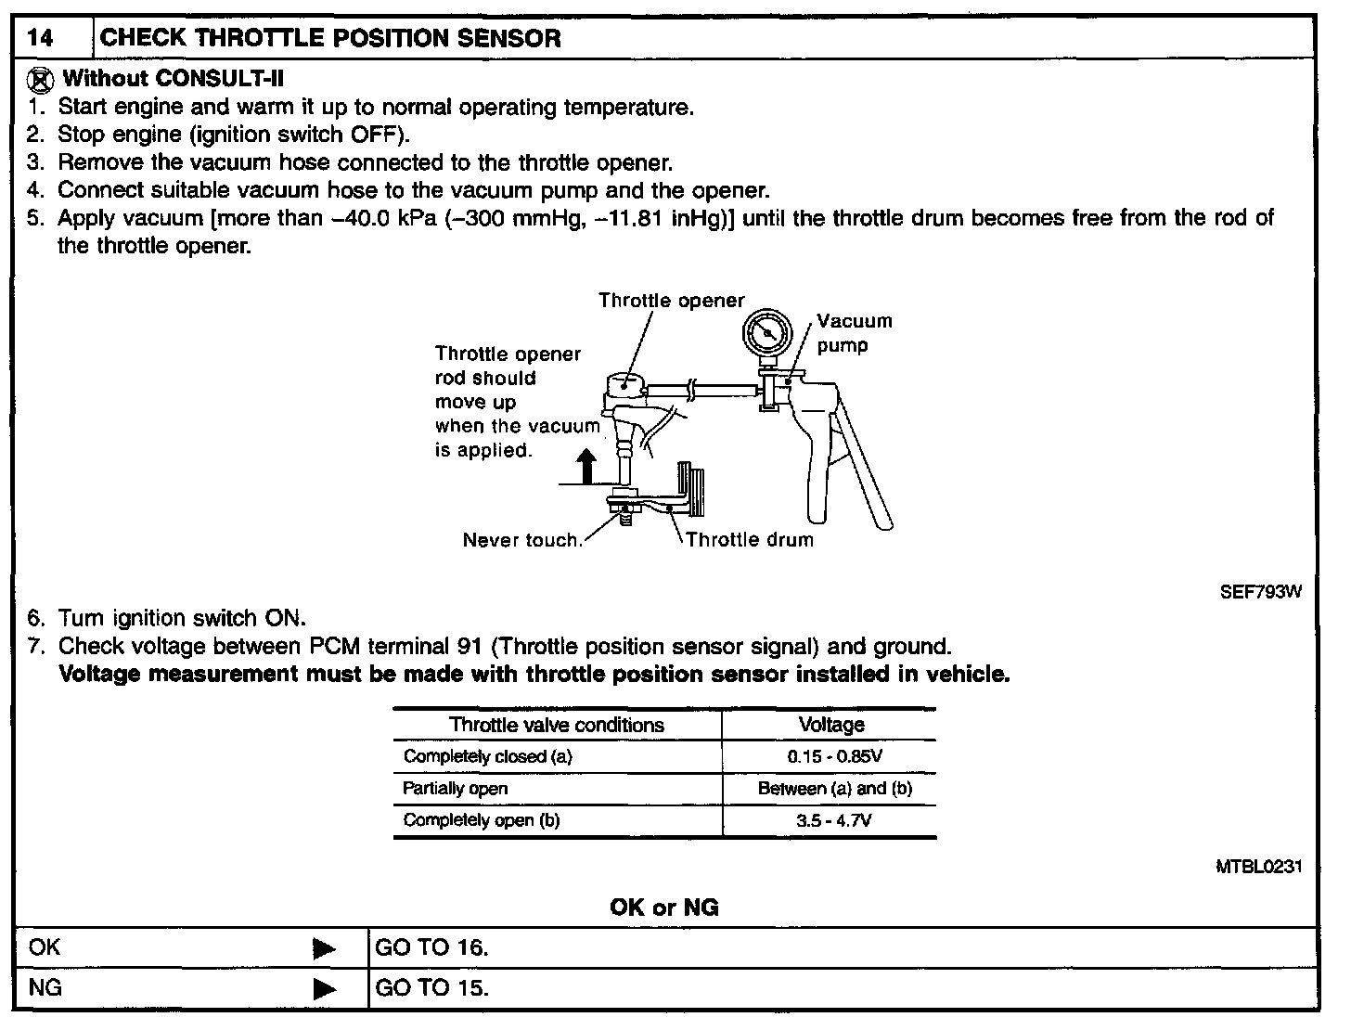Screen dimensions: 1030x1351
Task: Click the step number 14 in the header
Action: click(40, 39)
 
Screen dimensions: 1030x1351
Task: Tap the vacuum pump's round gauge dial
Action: click(768, 332)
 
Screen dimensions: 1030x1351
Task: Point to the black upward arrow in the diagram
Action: click(585, 465)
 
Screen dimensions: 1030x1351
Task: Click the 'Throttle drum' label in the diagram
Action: click(749, 540)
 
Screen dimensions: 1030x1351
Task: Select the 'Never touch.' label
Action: click(522, 540)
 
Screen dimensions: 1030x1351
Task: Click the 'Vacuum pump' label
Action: click(854, 333)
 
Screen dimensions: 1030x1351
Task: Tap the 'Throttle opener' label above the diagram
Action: click(671, 301)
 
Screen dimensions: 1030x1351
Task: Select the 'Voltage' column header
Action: click(830, 725)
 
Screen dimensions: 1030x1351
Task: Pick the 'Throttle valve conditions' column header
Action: click(557, 725)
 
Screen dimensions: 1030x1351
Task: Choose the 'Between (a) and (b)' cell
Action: click(834, 789)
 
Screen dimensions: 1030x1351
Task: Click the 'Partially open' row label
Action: click(456, 789)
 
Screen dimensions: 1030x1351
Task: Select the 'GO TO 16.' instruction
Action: click(431, 947)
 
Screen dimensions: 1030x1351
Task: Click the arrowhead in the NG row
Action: click(324, 988)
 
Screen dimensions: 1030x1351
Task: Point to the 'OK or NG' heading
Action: click(663, 908)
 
